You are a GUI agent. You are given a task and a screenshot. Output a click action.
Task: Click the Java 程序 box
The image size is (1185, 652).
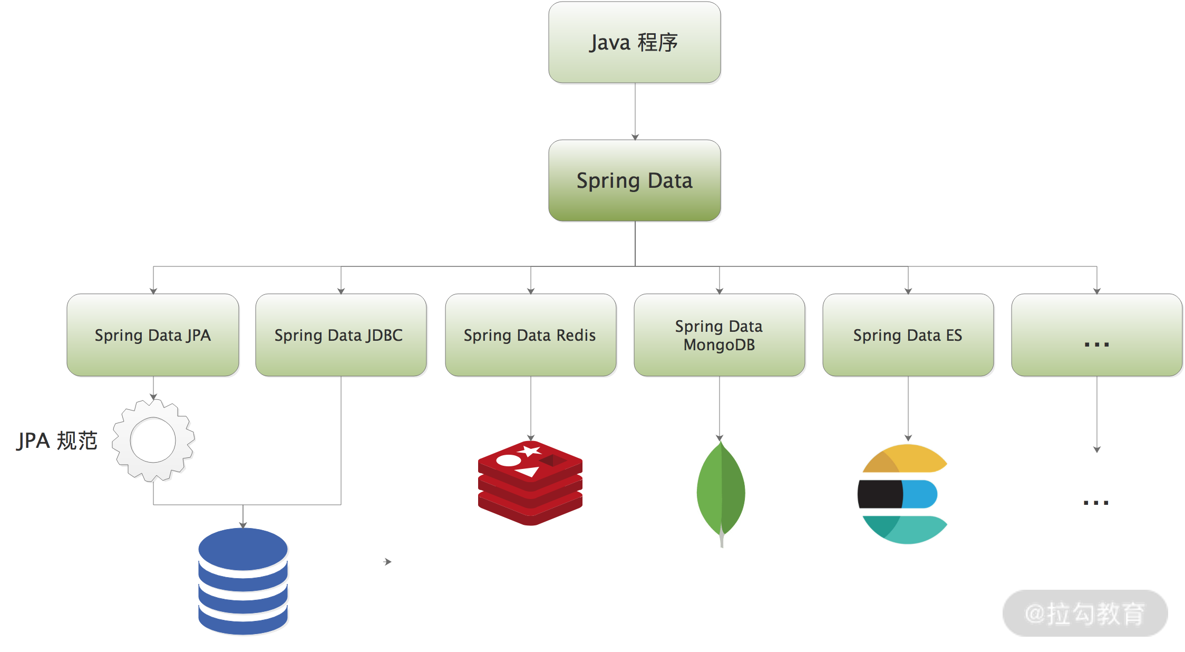point(634,42)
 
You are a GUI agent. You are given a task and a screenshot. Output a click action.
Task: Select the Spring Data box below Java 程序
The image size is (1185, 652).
point(634,180)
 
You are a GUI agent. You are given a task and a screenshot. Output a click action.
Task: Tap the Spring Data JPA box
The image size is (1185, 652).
point(153,335)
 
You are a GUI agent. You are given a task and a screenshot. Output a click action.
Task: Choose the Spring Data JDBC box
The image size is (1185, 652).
point(341,335)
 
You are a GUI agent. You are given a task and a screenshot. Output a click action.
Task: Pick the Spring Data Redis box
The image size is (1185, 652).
point(530,335)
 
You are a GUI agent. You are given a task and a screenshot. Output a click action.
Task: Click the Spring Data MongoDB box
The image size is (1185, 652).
point(719,335)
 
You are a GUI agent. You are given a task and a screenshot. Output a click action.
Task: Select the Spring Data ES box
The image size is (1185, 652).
point(908,335)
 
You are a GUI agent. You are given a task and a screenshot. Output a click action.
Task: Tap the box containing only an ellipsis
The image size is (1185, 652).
point(1096,335)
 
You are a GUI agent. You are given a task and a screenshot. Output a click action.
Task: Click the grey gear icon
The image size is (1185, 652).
point(153,440)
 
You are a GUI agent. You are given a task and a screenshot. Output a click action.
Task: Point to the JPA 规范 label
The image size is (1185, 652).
point(57,440)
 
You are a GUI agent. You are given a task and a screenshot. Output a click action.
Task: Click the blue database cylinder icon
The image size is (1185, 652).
point(243,581)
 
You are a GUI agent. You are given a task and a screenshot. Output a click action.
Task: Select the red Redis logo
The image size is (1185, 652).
point(530,483)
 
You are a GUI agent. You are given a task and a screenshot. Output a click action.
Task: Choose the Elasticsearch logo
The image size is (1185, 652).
point(902,494)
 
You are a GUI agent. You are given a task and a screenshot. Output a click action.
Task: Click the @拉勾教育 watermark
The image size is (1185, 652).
point(1085,613)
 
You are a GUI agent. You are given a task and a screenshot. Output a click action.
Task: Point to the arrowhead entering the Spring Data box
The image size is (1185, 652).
point(635,137)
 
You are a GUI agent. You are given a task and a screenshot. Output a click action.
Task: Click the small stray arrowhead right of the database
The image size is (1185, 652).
point(388,562)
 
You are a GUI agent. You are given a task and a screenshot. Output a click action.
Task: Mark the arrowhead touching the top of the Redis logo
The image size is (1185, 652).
point(531,437)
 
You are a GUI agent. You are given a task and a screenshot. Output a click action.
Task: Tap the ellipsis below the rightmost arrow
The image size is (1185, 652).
point(1096,503)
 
